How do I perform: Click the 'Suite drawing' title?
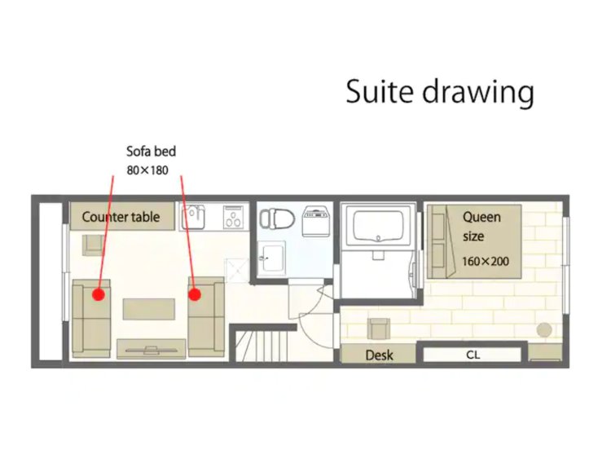coord(440,92)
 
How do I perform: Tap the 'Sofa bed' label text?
coord(152,152)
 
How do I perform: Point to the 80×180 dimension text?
coord(147,170)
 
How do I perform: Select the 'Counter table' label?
coord(121,217)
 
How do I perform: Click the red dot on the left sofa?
coord(99,294)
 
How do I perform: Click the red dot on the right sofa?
coord(195,294)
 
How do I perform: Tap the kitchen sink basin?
coord(193,217)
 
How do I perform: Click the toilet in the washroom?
coord(277,218)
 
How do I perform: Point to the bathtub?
coord(377,226)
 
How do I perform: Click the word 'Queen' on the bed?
coord(481,218)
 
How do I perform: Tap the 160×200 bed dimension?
coord(486,261)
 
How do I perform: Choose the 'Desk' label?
coord(379,355)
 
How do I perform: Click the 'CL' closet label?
coord(473,355)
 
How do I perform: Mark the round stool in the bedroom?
coord(544,330)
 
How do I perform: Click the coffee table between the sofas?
coord(149,309)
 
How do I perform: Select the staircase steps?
coord(263,346)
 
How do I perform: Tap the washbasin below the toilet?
coord(272,256)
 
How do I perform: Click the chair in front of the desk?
coord(379,329)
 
